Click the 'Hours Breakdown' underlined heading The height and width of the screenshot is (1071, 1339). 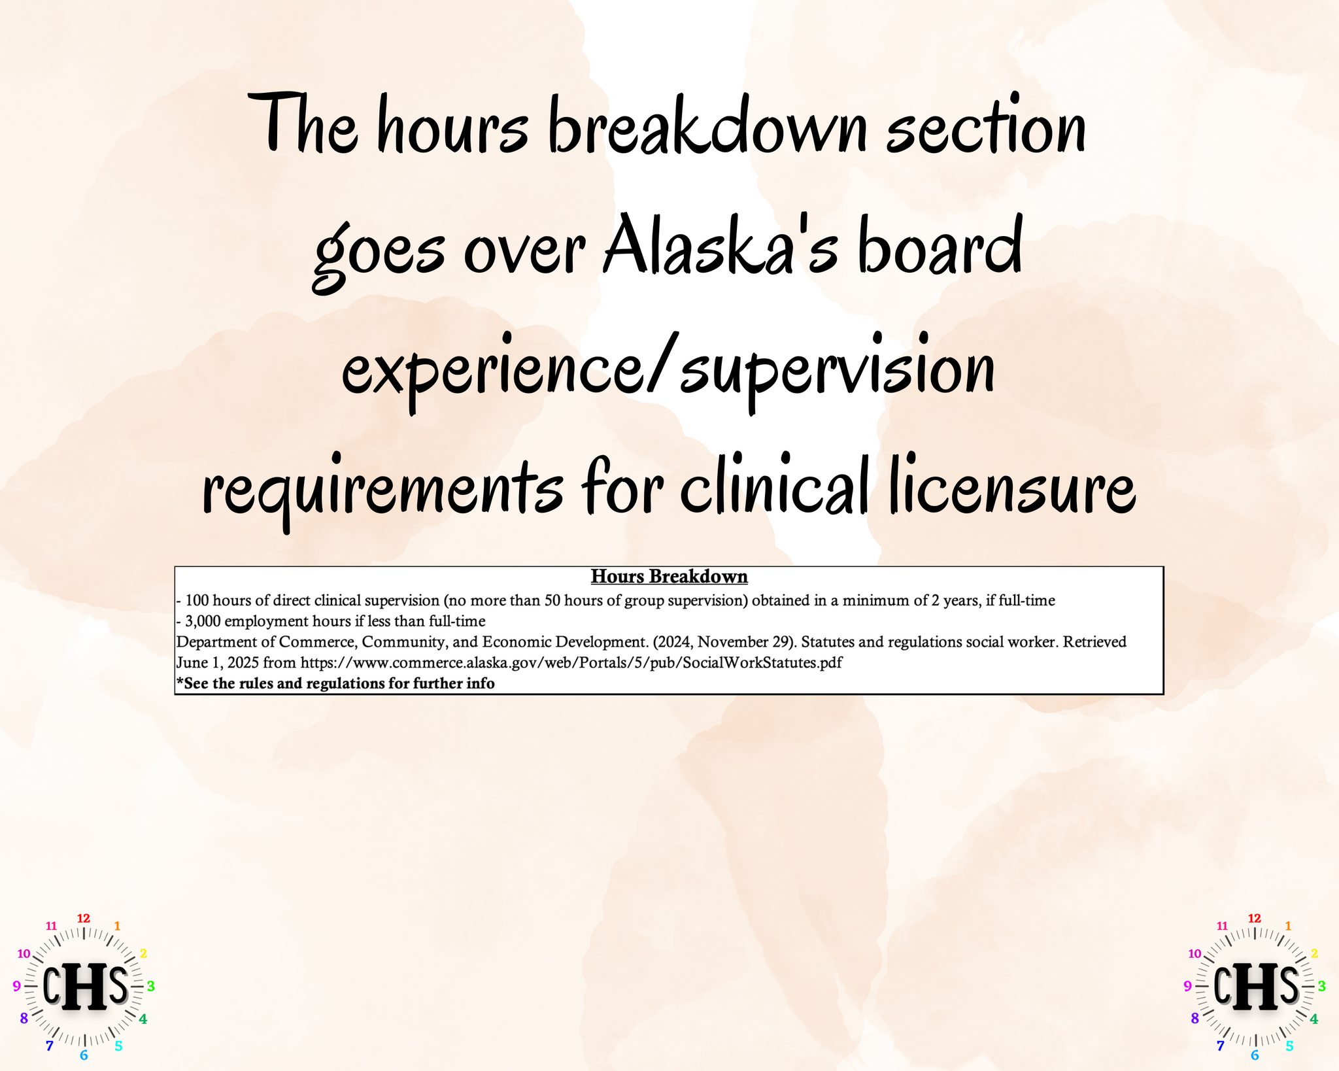669,577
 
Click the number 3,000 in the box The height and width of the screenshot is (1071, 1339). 203,621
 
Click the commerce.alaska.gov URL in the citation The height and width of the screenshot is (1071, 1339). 571,662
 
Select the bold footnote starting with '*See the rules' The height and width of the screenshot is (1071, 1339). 335,683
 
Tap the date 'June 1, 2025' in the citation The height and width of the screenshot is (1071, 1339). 218,662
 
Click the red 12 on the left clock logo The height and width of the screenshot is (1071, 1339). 84,918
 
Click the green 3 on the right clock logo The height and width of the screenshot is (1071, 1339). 1321,986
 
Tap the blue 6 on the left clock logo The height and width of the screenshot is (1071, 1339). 84,1055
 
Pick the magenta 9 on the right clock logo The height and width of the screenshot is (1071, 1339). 1187,986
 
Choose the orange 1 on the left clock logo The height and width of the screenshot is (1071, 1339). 117,926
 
